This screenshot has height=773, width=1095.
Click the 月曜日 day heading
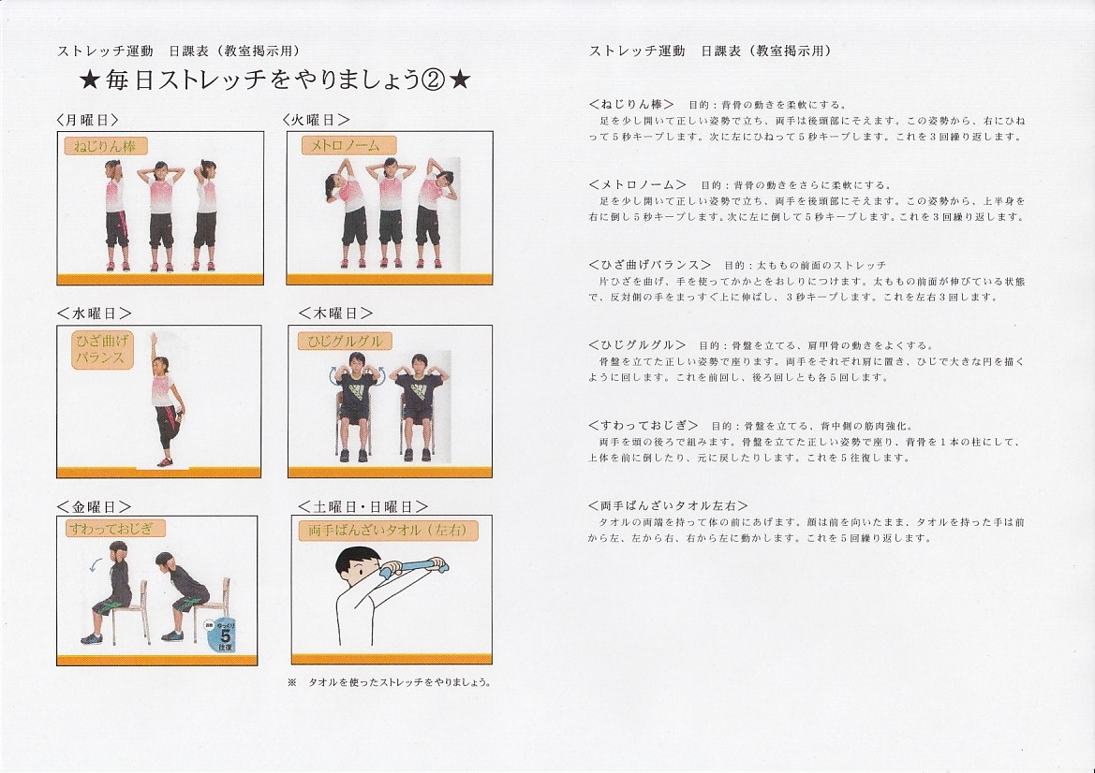tap(88, 120)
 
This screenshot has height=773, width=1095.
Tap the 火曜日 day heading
tap(317, 120)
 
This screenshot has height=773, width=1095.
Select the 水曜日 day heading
tap(95, 314)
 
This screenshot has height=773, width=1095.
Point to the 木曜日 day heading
tap(336, 314)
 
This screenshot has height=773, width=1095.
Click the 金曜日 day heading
tap(95, 506)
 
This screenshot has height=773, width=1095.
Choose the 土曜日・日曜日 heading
tap(363, 506)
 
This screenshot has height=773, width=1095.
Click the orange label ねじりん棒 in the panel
tap(106, 146)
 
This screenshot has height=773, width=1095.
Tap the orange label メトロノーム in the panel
tap(348, 145)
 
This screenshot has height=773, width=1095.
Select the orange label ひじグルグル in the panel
tap(345, 342)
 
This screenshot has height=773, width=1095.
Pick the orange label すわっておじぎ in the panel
tap(115, 528)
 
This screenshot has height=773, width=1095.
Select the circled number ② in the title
tap(433, 80)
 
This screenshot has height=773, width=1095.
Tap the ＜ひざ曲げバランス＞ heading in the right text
tap(649, 265)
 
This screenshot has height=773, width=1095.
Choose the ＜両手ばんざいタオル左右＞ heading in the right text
tap(668, 505)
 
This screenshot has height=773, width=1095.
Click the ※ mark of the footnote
tap(292, 682)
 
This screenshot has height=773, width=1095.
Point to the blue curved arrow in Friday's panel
tap(96, 563)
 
